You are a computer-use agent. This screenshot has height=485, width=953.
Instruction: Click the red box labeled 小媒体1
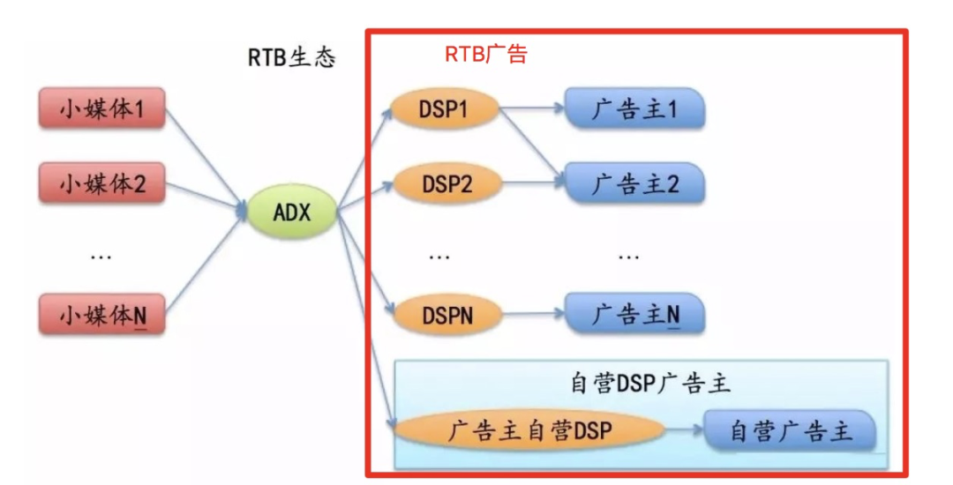point(101,109)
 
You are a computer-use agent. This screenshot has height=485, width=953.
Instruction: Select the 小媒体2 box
point(101,184)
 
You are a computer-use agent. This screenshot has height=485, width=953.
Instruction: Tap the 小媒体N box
point(101,314)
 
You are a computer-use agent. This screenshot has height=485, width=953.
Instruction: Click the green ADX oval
point(292,213)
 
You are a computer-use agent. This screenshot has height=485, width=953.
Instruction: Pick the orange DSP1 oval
point(446,111)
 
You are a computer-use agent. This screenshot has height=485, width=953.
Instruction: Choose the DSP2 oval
point(446,184)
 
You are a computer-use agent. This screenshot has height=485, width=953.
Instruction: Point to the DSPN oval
point(446,314)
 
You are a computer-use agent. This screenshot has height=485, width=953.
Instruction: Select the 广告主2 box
point(634,184)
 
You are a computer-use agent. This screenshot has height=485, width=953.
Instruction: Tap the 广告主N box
point(634,314)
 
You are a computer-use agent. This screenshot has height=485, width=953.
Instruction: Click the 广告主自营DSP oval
point(528,430)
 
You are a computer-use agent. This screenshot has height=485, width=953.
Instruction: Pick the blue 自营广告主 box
point(790,431)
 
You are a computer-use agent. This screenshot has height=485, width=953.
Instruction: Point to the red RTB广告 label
point(485,55)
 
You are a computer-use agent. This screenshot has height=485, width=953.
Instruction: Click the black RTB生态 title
point(291,58)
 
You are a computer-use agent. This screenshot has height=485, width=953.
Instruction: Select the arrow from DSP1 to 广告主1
point(532,111)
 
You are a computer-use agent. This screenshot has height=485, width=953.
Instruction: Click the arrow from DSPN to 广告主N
point(532,314)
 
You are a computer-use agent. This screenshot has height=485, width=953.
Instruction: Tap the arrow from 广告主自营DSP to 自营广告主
point(684,431)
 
